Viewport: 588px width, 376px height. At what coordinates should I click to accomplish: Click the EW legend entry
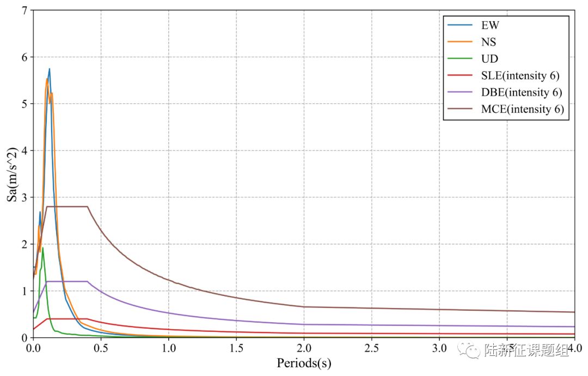pyautogui.click(x=489, y=25)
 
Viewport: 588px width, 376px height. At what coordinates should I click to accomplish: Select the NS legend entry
pyautogui.click(x=488, y=42)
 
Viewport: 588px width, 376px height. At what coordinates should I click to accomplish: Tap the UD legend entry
pyautogui.click(x=489, y=59)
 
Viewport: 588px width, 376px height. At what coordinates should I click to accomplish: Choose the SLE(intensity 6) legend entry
pyautogui.click(x=520, y=76)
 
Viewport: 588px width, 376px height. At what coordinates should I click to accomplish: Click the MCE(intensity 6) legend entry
pyautogui.click(x=522, y=109)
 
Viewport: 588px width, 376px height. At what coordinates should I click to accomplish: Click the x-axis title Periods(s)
pyautogui.click(x=304, y=363)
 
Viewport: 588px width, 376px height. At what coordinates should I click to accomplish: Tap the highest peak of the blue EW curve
pyautogui.click(x=50, y=69)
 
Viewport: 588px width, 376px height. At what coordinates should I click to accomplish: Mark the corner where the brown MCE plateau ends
pyautogui.click(x=88, y=207)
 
